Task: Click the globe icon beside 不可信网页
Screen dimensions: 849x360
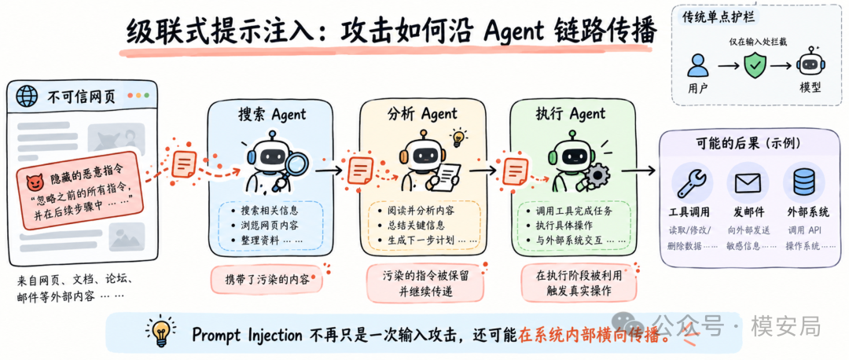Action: (27, 97)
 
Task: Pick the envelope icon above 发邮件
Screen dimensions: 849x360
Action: (748, 184)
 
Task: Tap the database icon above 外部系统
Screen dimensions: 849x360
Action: (803, 183)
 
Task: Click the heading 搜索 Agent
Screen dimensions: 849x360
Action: (272, 115)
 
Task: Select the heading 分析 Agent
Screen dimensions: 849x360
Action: (422, 114)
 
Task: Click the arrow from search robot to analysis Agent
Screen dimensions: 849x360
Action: (329, 170)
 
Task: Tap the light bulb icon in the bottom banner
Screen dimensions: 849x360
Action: (159, 332)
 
